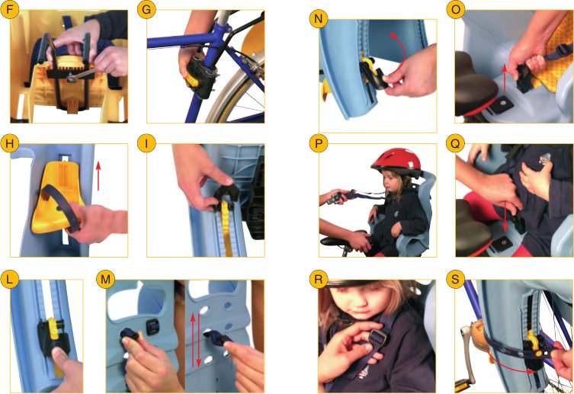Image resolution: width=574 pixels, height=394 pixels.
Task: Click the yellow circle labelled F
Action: coord(9,10)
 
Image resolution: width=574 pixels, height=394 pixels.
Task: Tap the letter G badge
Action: coord(146,10)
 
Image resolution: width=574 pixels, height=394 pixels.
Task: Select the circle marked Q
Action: coord(455,144)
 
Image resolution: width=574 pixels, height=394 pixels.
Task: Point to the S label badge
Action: coord(455,280)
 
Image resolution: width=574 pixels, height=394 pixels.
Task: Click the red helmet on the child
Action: coord(396,162)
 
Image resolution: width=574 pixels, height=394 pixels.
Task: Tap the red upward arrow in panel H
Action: coord(98,176)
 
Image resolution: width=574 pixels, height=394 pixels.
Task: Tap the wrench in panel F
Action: coord(82,75)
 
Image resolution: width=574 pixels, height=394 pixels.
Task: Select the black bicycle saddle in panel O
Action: coord(475,88)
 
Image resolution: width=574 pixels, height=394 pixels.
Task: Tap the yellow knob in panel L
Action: coord(53,328)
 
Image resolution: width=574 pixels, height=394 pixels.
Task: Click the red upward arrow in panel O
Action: coord(505,78)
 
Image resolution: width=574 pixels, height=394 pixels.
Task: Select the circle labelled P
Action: coord(319,144)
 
